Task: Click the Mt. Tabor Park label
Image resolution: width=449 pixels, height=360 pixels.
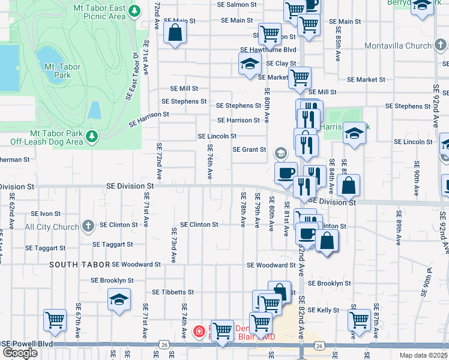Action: click(x=62, y=71)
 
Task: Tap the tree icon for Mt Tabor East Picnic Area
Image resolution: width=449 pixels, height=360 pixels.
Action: click(x=136, y=11)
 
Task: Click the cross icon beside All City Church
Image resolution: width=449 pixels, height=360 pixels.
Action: click(x=88, y=227)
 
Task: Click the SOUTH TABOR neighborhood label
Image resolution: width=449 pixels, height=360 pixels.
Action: click(x=79, y=265)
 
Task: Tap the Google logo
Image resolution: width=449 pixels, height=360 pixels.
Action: click(x=20, y=353)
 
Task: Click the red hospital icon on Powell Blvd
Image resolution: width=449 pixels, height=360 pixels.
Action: click(x=199, y=331)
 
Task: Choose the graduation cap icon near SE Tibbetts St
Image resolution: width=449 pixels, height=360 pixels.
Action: click(x=119, y=299)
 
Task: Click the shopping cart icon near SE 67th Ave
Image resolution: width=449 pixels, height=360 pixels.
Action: click(x=55, y=320)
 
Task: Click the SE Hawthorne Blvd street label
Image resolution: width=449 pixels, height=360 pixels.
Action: click(x=268, y=50)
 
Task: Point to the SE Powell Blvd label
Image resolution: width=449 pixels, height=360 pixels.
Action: click(x=27, y=344)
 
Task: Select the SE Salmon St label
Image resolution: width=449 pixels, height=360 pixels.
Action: click(x=238, y=4)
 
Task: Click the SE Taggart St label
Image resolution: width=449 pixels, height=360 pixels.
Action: click(x=46, y=248)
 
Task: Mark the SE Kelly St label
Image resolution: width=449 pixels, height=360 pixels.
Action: click(x=324, y=310)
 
